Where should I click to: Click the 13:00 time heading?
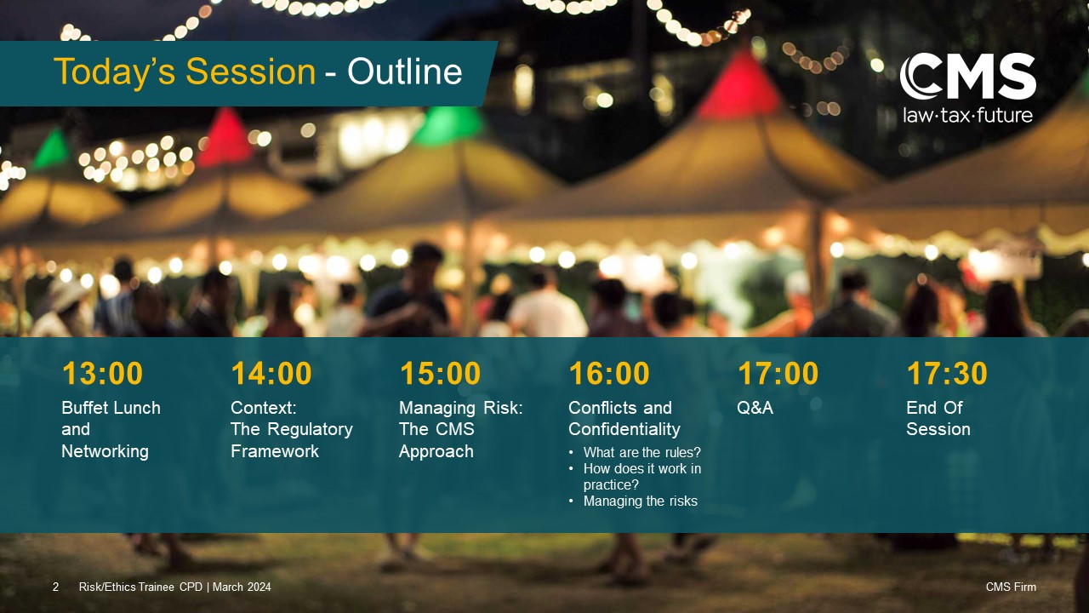point(102,373)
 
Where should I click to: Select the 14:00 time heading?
point(271,373)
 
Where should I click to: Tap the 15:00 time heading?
point(440,373)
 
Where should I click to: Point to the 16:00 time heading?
point(609,373)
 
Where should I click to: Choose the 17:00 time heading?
point(778,373)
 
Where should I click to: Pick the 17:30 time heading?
point(947,373)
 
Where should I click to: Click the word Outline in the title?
point(404,72)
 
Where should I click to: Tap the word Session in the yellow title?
point(251,72)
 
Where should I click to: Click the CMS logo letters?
point(968,77)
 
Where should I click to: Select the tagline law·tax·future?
point(968,115)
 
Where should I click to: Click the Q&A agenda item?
point(755,408)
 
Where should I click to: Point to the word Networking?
point(105,451)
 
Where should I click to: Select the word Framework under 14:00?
point(275,451)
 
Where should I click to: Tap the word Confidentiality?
point(624,429)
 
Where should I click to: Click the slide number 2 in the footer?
point(55,587)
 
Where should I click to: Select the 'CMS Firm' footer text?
point(1011,587)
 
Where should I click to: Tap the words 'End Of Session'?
point(938,418)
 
